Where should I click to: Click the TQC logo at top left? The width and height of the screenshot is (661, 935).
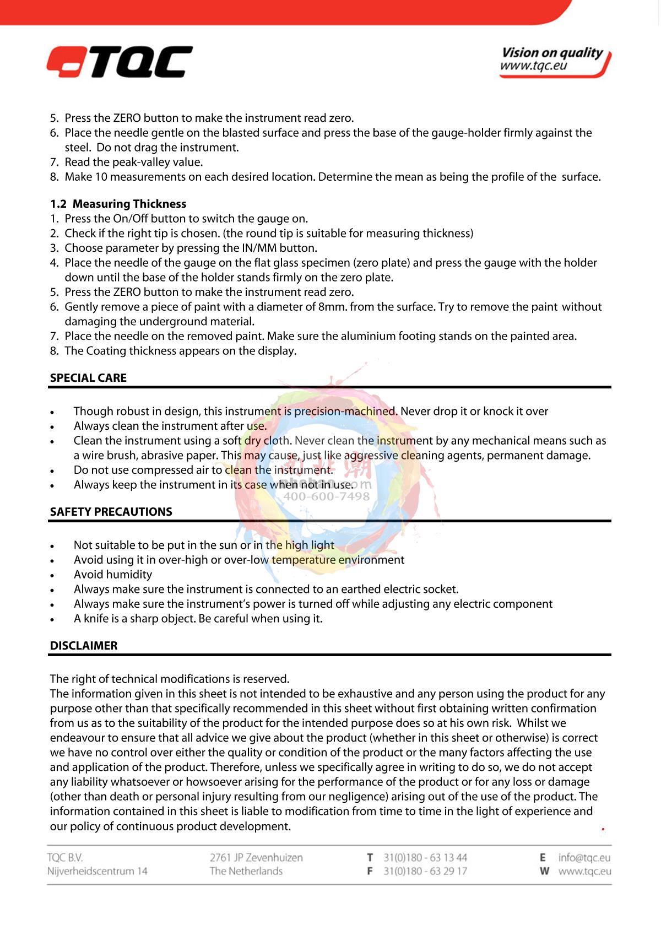coord(120,62)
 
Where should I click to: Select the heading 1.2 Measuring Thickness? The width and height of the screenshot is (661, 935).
coord(118,204)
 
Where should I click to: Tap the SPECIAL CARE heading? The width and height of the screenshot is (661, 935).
coord(88,378)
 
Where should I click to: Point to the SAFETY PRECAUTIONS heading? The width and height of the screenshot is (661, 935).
coord(111,512)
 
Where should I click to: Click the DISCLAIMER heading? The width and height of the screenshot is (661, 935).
coord(84,646)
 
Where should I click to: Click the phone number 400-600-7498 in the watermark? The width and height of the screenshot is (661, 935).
coord(326,496)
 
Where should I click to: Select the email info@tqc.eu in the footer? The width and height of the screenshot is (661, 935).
coord(584,857)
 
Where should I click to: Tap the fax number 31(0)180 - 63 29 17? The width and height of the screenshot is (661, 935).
coord(425,871)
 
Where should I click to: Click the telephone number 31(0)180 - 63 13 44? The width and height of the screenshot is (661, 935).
coord(425,857)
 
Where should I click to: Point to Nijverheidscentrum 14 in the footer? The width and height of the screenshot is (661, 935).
coord(97,871)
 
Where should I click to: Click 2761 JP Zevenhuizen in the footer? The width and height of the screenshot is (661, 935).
coord(256,857)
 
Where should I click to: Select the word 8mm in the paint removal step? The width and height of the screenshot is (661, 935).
coord(332,307)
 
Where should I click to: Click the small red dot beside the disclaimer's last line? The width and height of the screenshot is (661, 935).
coord(603,829)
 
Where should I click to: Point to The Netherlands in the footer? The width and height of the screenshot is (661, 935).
coord(246,871)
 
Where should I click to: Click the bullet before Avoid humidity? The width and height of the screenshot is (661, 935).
coord(52,575)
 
